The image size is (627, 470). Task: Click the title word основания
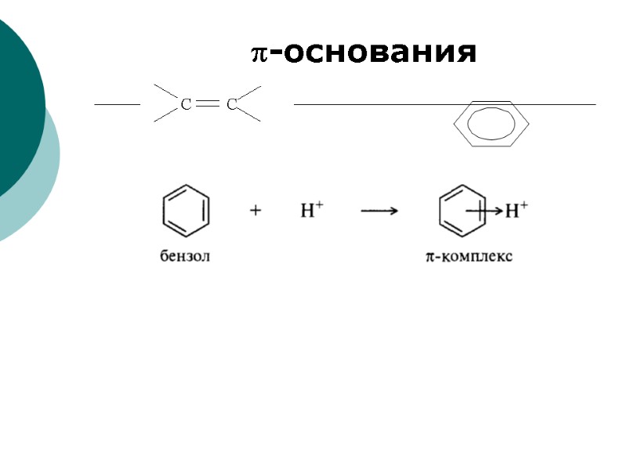(380, 53)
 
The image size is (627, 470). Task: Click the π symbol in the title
(260, 53)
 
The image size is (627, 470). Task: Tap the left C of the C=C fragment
(187, 104)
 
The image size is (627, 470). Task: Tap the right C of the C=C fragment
(231, 104)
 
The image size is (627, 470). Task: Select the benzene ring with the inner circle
(492, 124)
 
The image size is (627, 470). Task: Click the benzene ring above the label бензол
(186, 210)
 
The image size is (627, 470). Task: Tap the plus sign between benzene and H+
(256, 211)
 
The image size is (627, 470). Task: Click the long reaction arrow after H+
(379, 211)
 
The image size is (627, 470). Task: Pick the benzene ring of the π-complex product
(459, 210)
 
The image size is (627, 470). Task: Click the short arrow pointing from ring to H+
(484, 210)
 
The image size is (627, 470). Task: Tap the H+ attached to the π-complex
(516, 209)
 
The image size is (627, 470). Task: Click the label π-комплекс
(469, 256)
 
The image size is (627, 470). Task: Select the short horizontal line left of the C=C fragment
(111, 104)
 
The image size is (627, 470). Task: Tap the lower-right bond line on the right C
(249, 114)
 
